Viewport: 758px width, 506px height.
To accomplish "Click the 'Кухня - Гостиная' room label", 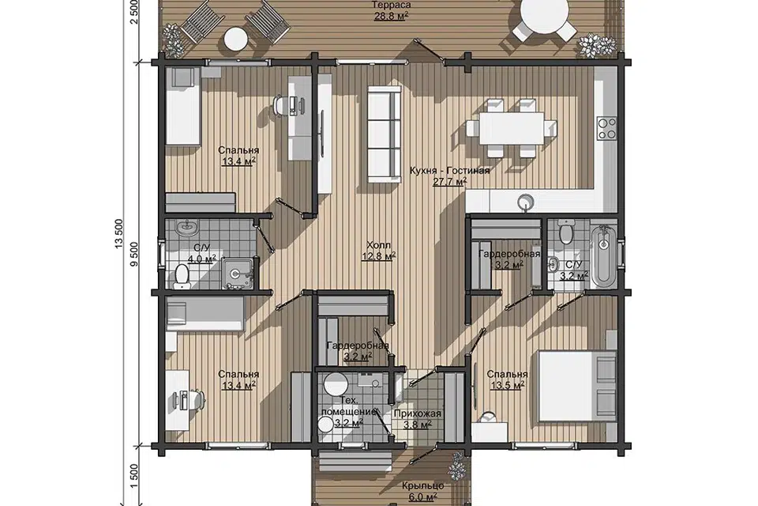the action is (449, 171).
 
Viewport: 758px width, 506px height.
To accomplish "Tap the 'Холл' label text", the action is (378, 245).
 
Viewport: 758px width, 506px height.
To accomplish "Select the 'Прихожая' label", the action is (417, 414).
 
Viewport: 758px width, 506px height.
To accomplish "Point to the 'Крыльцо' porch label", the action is (423, 485).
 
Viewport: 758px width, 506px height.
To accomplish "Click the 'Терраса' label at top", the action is (392, 6).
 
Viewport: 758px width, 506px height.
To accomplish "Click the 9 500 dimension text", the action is (135, 255).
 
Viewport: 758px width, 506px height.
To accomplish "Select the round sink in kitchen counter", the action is (526, 201).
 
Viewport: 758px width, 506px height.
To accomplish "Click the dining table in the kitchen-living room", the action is (512, 128).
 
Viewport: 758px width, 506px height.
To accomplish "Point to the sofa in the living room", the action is (385, 134).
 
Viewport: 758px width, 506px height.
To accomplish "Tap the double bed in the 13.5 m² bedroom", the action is (576, 387).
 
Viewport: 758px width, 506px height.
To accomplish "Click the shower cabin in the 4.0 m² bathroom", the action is (238, 274).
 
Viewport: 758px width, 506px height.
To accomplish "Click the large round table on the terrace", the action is (544, 11).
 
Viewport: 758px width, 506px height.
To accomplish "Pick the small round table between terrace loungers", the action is (236, 39).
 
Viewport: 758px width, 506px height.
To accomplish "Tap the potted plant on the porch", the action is (456, 466).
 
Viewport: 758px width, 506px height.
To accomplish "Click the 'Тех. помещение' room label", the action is (349, 406).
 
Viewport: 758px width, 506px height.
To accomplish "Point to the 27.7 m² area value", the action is (450, 182).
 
